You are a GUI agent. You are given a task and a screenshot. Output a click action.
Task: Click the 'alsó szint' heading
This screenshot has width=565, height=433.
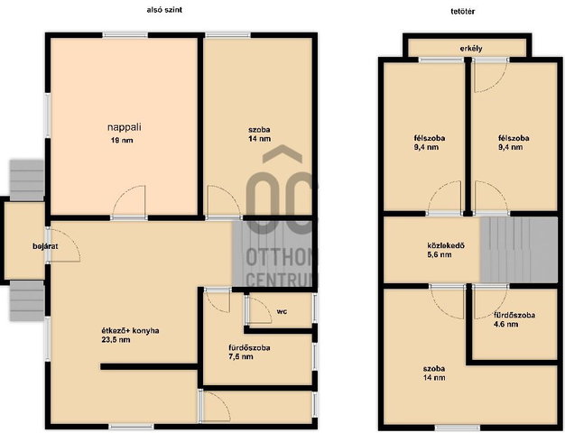click(164, 10)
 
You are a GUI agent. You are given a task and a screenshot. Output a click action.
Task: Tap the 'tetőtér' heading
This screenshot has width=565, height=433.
click(463, 11)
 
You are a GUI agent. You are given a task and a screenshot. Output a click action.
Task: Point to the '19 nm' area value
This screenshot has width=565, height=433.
click(122, 140)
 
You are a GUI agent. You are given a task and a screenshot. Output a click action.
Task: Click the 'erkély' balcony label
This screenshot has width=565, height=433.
click(471, 49)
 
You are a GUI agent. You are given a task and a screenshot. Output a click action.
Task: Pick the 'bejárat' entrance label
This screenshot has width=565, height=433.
click(45, 246)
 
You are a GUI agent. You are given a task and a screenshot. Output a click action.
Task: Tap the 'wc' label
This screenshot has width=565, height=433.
click(282, 311)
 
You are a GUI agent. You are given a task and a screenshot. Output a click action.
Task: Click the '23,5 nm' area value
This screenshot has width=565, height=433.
click(116, 340)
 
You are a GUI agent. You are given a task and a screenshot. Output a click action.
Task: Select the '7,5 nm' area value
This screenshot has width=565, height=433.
click(241, 356)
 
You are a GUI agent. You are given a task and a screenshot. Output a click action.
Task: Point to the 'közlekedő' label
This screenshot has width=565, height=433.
click(446, 245)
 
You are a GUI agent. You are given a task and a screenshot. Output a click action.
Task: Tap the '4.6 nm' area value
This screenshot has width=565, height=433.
click(506, 324)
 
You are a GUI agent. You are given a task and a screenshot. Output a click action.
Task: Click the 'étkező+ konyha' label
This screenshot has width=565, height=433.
click(131, 330)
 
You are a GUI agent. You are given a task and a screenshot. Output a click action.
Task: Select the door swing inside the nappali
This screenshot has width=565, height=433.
click(129, 200)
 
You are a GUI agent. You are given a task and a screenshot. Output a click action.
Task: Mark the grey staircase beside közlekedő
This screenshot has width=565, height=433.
click(519, 250)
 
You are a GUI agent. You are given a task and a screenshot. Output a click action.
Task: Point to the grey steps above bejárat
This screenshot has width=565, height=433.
click(27, 180)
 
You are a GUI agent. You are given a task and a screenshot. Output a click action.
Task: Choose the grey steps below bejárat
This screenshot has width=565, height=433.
click(27, 300)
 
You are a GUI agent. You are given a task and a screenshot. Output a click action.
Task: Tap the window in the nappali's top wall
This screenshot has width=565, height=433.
click(125, 35)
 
